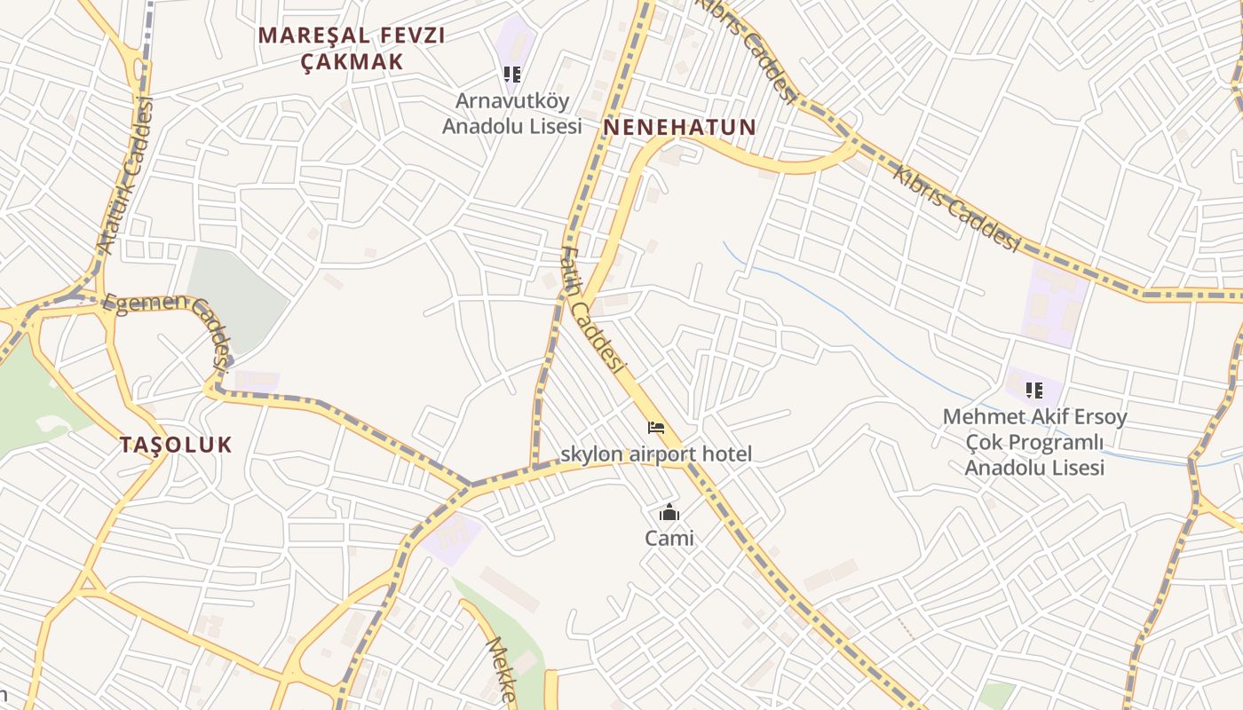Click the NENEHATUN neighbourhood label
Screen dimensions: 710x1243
(x=679, y=127)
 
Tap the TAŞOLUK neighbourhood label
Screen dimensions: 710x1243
(x=176, y=445)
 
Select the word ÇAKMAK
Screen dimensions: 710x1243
(x=352, y=61)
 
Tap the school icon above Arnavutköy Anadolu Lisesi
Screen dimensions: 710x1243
(x=512, y=75)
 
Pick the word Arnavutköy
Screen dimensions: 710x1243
(x=512, y=100)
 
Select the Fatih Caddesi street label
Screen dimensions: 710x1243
(x=593, y=311)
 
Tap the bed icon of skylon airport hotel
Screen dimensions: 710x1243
(x=656, y=429)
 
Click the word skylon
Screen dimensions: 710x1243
(x=591, y=454)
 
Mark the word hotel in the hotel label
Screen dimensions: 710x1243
(x=726, y=454)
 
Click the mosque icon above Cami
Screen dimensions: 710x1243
(x=669, y=513)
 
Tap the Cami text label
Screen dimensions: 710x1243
(x=669, y=538)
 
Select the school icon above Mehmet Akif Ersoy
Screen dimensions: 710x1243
(x=1033, y=390)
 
